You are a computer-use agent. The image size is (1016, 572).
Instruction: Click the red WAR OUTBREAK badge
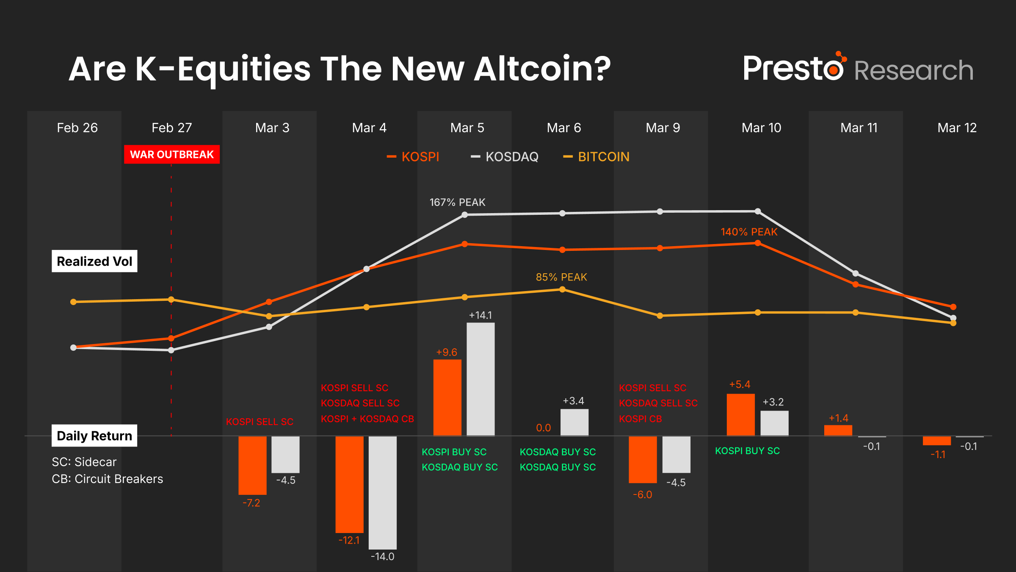(x=172, y=155)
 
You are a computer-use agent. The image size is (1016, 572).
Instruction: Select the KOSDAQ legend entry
(x=505, y=157)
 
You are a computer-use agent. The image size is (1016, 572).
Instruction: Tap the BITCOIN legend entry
(x=596, y=157)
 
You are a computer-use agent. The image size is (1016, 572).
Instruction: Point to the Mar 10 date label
(x=761, y=128)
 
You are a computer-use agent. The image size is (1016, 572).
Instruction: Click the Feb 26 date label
(x=77, y=128)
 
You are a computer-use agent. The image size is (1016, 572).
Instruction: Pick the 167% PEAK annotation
(x=457, y=203)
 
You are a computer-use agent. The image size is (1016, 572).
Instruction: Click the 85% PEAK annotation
(x=561, y=277)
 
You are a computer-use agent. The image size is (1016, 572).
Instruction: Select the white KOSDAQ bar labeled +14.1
(x=480, y=379)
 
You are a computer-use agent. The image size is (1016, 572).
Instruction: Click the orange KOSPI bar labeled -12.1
(x=349, y=484)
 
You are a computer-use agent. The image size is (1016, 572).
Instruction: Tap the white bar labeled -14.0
(x=382, y=492)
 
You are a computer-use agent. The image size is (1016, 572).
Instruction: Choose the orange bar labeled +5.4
(x=740, y=414)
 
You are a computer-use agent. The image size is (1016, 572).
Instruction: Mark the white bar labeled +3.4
(x=574, y=422)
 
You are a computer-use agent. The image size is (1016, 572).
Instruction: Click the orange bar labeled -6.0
(x=643, y=459)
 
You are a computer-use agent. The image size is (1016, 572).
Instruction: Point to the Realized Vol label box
(x=94, y=261)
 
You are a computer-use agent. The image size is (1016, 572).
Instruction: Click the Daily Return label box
(x=94, y=436)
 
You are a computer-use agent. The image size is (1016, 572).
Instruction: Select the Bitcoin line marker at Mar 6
(x=562, y=289)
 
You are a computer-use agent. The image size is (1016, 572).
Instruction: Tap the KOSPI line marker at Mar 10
(x=758, y=243)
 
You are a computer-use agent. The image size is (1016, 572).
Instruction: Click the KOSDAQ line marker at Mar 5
(x=464, y=215)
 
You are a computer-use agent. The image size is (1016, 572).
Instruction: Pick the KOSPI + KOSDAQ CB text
(x=367, y=419)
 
